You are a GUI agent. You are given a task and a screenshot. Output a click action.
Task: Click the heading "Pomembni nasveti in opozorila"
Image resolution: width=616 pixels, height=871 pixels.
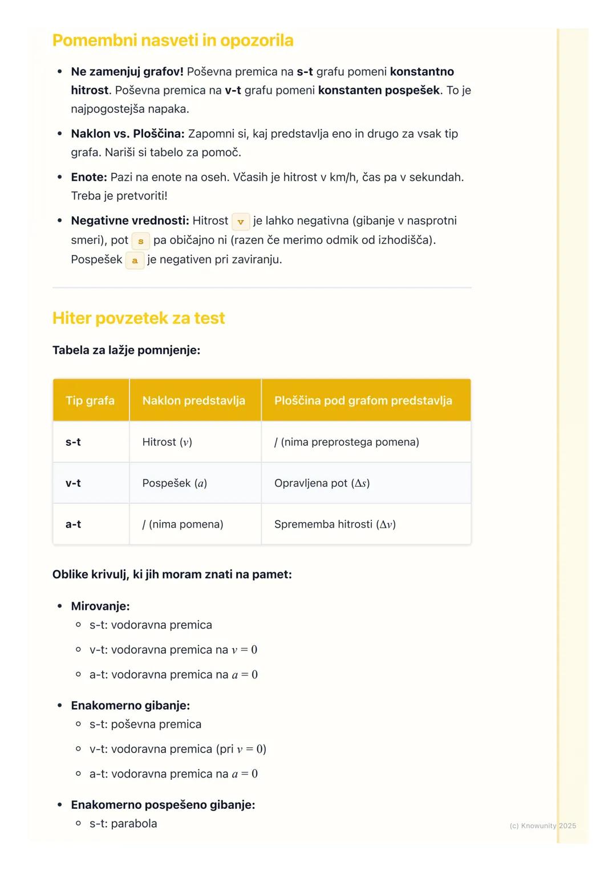coord(173,40)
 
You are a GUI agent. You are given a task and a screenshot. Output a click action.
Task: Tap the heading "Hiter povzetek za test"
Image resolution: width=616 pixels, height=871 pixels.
coord(139,318)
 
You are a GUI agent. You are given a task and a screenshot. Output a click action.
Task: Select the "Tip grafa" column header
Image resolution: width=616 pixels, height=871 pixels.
coord(90,401)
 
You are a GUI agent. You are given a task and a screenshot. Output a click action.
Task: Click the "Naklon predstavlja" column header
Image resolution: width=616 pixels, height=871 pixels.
coord(194,401)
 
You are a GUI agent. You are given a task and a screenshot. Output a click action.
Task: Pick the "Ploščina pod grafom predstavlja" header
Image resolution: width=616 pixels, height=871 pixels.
coord(363,401)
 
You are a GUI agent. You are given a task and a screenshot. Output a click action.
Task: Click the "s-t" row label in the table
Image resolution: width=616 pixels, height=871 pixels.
coord(73,442)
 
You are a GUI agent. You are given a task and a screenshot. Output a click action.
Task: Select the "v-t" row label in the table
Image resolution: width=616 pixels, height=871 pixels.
coord(73,483)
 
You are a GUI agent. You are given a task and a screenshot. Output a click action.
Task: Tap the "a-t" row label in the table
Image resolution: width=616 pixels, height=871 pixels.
coord(73,524)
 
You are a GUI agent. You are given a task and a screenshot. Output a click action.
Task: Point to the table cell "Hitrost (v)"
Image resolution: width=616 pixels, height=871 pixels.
coord(167,442)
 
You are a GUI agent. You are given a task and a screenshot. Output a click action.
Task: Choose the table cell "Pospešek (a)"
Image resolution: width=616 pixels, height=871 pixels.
coord(175,483)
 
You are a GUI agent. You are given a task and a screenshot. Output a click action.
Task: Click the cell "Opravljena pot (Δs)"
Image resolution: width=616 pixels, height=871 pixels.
coord(322,483)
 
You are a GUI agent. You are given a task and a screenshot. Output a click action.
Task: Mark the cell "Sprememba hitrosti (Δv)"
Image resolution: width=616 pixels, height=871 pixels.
coord(335,524)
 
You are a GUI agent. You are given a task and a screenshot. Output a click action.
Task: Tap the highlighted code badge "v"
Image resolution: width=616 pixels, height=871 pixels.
coord(241,222)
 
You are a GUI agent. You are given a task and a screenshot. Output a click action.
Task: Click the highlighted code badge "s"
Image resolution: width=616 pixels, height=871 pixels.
coord(141,241)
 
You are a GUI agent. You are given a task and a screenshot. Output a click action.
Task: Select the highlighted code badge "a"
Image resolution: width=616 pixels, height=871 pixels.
coord(135,261)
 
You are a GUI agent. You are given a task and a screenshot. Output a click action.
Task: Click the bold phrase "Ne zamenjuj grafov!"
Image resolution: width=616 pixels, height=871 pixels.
coord(127,72)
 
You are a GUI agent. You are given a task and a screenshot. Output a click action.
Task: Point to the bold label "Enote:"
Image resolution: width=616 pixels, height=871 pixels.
coord(89,177)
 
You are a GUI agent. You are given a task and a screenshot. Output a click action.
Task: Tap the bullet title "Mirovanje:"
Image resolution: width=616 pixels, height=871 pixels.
coord(100,606)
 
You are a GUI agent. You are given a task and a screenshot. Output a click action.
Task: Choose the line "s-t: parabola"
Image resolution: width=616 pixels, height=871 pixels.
coord(123,824)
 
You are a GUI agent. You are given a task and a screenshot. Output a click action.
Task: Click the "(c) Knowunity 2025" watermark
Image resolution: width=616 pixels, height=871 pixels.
coord(542,825)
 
